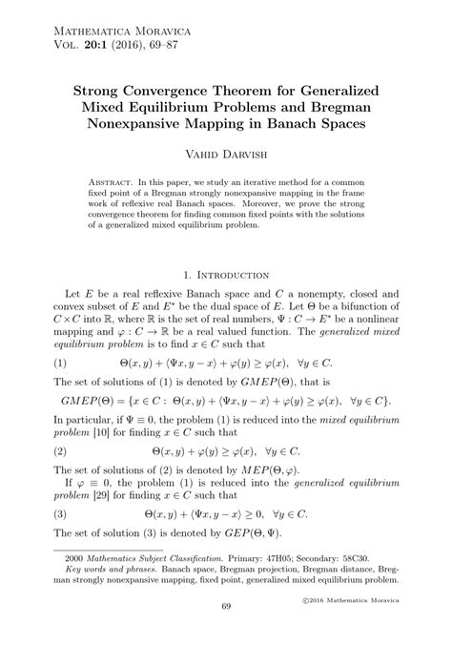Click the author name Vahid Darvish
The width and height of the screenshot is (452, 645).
click(225, 151)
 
